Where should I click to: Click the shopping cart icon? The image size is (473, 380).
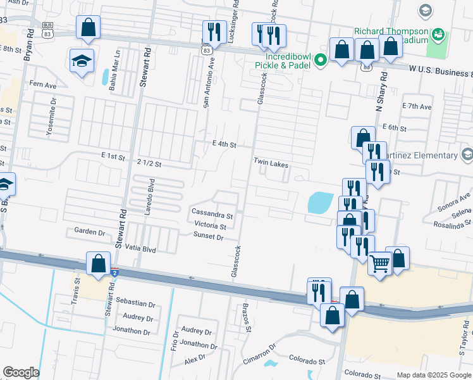tap(379, 262)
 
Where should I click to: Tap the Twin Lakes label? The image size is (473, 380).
tap(271, 163)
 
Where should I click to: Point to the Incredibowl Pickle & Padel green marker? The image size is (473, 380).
tap(321, 61)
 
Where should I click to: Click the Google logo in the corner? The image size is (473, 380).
tap(21, 372)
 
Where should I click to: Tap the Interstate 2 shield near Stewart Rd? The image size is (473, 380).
tap(114, 273)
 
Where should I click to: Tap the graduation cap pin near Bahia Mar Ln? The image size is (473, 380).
tap(82, 60)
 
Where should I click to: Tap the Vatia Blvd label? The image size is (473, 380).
tap(140, 250)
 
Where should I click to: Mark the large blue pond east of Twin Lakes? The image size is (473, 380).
tap(321, 203)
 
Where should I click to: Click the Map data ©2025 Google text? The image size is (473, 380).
tap(433, 374)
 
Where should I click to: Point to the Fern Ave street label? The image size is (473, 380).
tap(43, 84)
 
